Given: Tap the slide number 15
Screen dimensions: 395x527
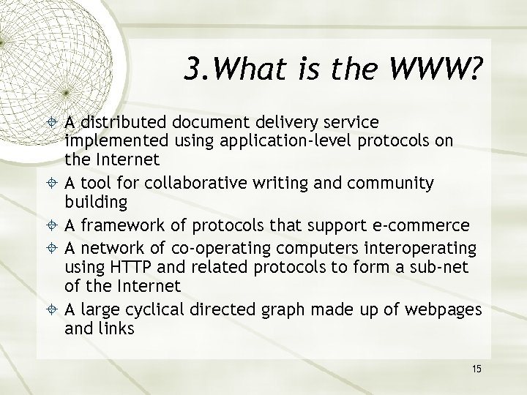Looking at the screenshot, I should point(476,368).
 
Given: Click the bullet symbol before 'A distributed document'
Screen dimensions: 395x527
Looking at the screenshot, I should point(53,120).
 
